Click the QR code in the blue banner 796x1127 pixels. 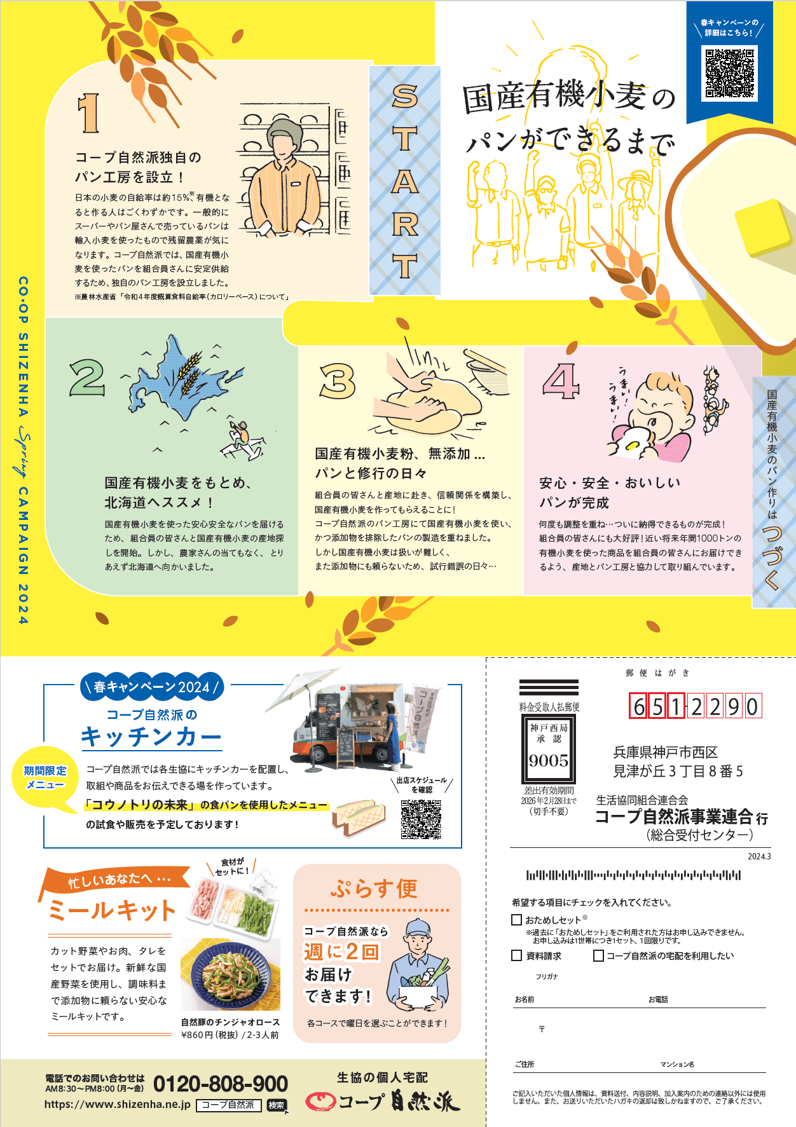click(730, 73)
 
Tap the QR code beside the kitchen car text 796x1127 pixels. click(421, 819)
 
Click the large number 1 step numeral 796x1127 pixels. click(89, 113)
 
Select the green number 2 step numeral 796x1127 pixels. click(88, 377)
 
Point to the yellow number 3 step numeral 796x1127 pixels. click(338, 381)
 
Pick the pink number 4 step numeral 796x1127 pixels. click(561, 381)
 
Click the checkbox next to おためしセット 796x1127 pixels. click(517, 920)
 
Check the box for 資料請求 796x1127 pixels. click(517, 955)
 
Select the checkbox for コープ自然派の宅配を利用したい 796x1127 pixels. click(598, 955)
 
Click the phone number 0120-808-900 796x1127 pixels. click(221, 1084)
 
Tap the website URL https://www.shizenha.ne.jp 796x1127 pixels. click(118, 1105)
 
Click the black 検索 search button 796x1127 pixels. click(277, 1105)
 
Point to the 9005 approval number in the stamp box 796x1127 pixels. click(549, 761)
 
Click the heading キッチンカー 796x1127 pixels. click(151, 737)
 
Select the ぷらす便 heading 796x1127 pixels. click(374, 889)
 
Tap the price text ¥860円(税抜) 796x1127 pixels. click(210, 1035)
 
